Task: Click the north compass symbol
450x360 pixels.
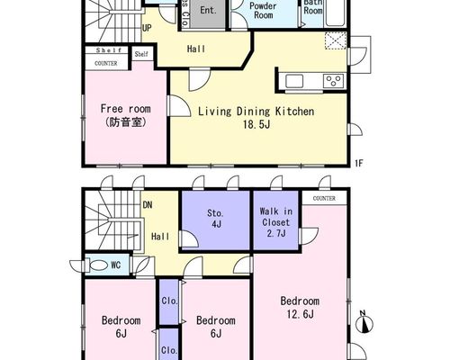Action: [x=364, y=322]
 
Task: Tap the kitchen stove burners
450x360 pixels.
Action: [x=333, y=81]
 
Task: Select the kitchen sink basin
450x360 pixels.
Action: [x=294, y=81]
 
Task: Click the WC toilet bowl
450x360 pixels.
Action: [x=97, y=265]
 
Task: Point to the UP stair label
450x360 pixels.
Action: [x=147, y=28]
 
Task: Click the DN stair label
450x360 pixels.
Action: [x=148, y=205]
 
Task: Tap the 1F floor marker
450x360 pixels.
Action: [x=359, y=163]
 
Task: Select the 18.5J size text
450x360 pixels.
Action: [x=256, y=124]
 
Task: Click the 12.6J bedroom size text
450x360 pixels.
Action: [x=301, y=314]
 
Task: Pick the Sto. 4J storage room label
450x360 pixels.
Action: [x=216, y=219]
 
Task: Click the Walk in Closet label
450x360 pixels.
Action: [x=275, y=217]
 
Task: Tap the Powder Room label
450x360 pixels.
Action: [x=263, y=11]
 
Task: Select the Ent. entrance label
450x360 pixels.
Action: [x=208, y=10]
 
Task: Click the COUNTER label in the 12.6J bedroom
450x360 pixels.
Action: [x=324, y=198]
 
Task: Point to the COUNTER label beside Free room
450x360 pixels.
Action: [x=106, y=63]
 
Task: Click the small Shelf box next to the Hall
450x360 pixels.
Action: [x=141, y=54]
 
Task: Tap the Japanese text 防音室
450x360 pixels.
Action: [x=126, y=121]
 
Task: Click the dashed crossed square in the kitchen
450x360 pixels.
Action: [x=336, y=40]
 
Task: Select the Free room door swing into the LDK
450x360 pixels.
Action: [x=179, y=105]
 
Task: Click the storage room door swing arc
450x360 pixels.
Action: [x=189, y=238]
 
